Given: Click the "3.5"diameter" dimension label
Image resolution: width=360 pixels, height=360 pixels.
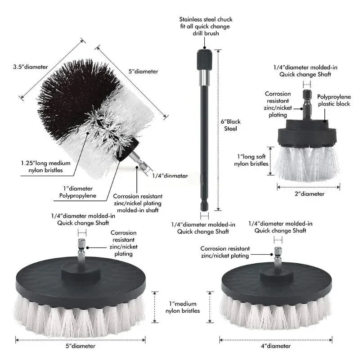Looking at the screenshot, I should [x=30, y=67].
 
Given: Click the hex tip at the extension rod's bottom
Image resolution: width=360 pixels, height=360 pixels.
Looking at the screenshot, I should [x=204, y=206].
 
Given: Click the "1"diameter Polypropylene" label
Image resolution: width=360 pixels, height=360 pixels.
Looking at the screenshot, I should [x=78, y=192].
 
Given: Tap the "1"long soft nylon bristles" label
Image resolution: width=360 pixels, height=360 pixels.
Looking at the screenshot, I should [x=252, y=160].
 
